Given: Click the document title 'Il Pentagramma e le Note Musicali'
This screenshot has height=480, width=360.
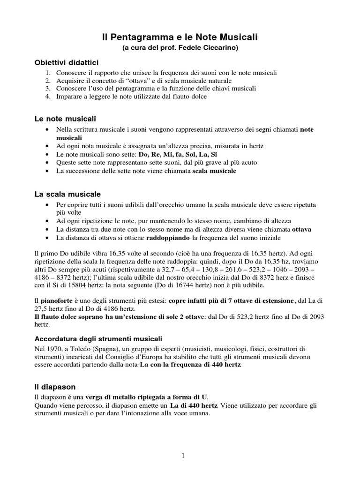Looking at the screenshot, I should [180, 36].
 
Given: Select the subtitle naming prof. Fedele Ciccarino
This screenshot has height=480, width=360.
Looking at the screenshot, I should [180, 47].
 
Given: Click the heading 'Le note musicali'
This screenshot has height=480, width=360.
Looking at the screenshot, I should [65, 119].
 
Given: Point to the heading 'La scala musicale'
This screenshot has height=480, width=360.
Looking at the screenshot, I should [67, 194].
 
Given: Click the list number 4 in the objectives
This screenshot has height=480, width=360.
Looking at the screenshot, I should [48, 96].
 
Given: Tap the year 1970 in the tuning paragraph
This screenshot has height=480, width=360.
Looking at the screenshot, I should [56, 348].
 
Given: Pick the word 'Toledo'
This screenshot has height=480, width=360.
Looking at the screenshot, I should [86, 348].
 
